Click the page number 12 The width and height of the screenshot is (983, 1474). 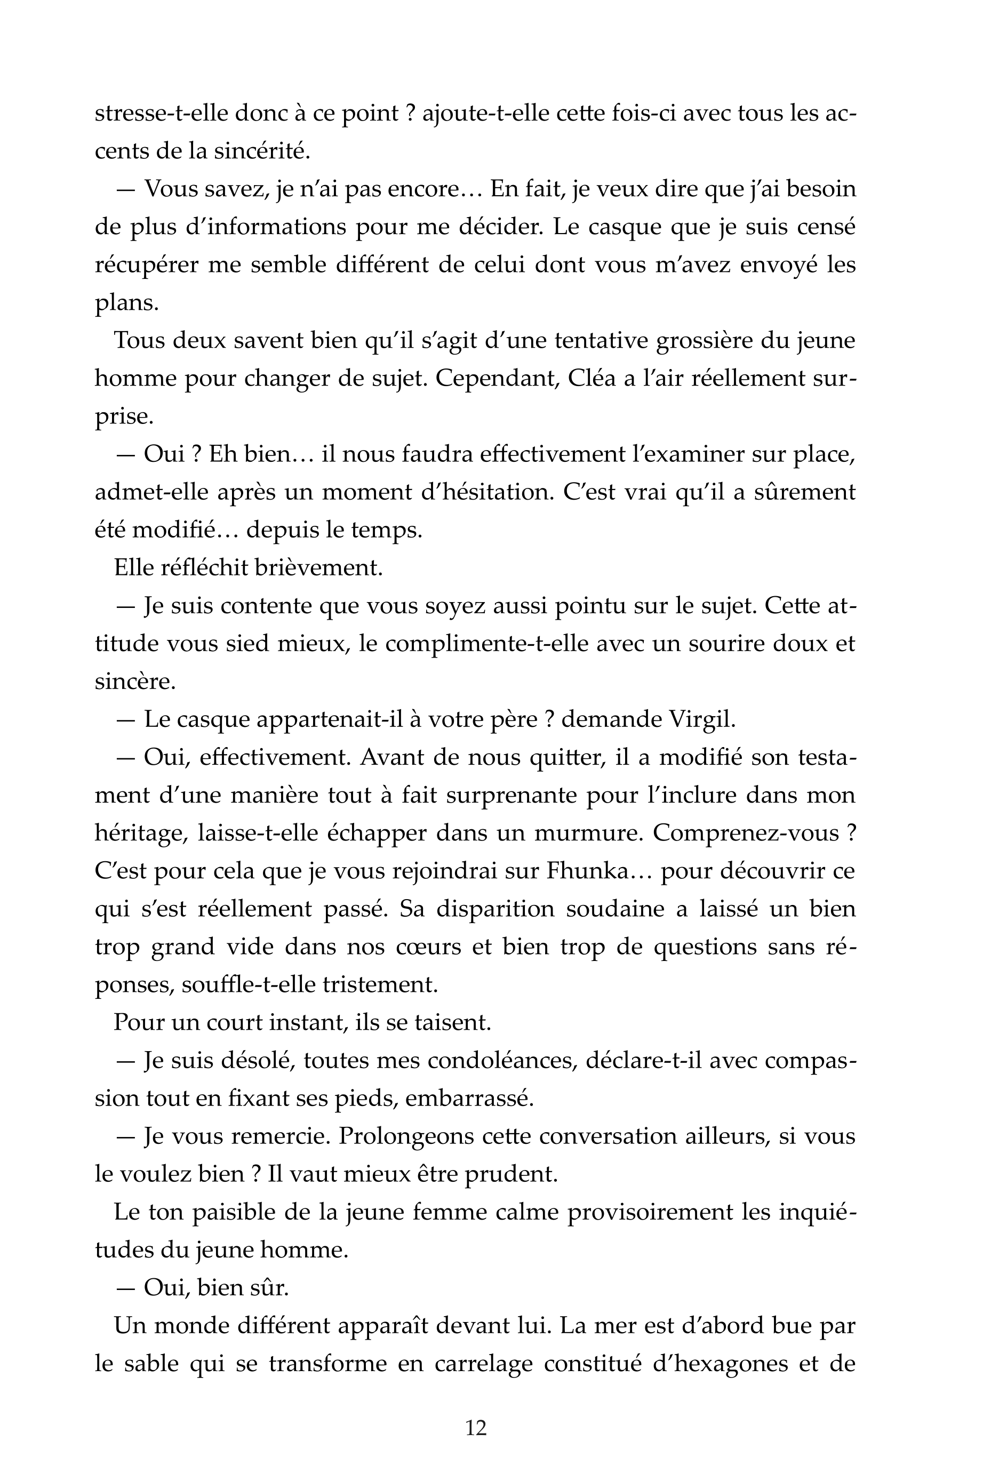(x=476, y=1428)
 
